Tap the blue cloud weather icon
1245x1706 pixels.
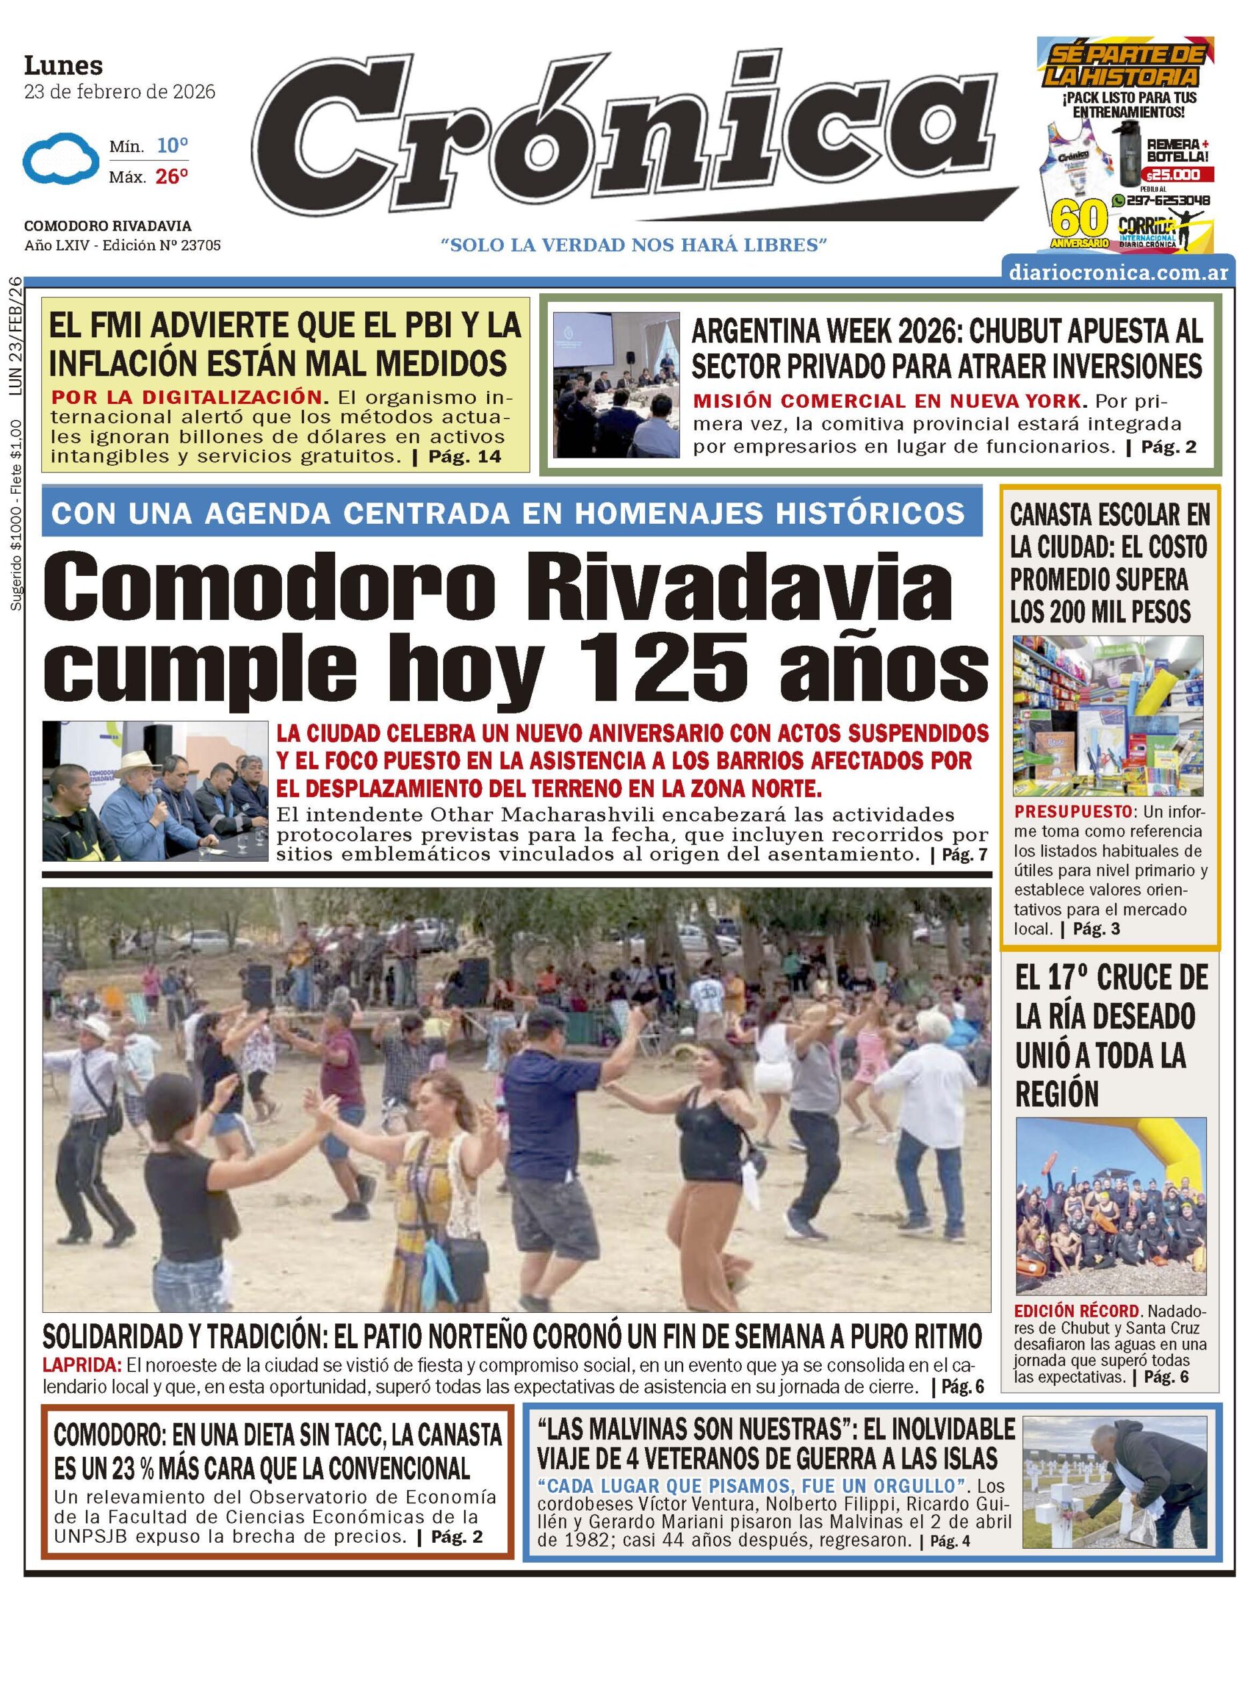pyautogui.click(x=60, y=158)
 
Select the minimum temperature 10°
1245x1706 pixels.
pyautogui.click(x=172, y=145)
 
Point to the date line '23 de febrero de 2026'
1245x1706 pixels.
pyautogui.click(x=119, y=92)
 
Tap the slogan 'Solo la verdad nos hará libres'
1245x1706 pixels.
pyautogui.click(x=634, y=245)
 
